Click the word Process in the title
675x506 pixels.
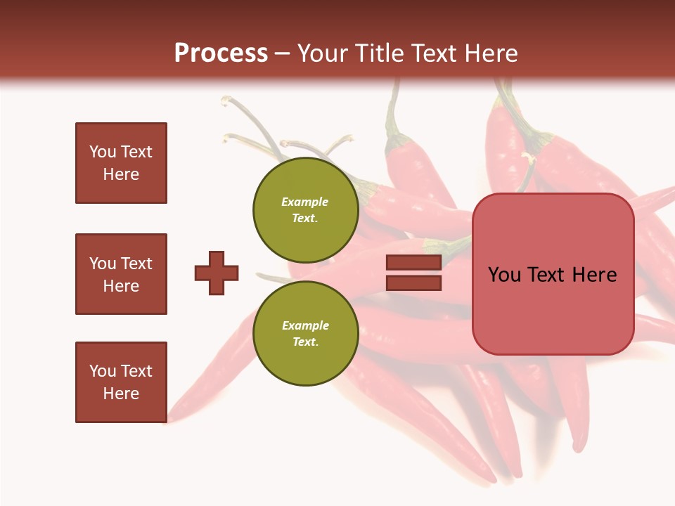pos(221,53)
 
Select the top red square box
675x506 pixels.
pos(121,163)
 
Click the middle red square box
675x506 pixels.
pos(121,274)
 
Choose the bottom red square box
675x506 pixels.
pos(121,382)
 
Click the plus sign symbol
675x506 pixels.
pos(217,273)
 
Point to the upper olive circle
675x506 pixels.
pos(305,209)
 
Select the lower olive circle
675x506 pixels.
pos(305,333)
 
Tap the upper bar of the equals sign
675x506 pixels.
pos(413,263)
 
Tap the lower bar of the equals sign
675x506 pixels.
pos(413,283)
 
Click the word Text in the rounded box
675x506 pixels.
pos(548,275)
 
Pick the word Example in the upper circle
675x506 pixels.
pos(305,202)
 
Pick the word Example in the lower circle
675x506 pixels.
pos(305,325)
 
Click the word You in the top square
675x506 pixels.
pos(103,152)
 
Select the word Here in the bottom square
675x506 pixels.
pos(121,394)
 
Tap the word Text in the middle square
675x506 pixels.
pos(136,264)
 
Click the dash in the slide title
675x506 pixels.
pos(283,53)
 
